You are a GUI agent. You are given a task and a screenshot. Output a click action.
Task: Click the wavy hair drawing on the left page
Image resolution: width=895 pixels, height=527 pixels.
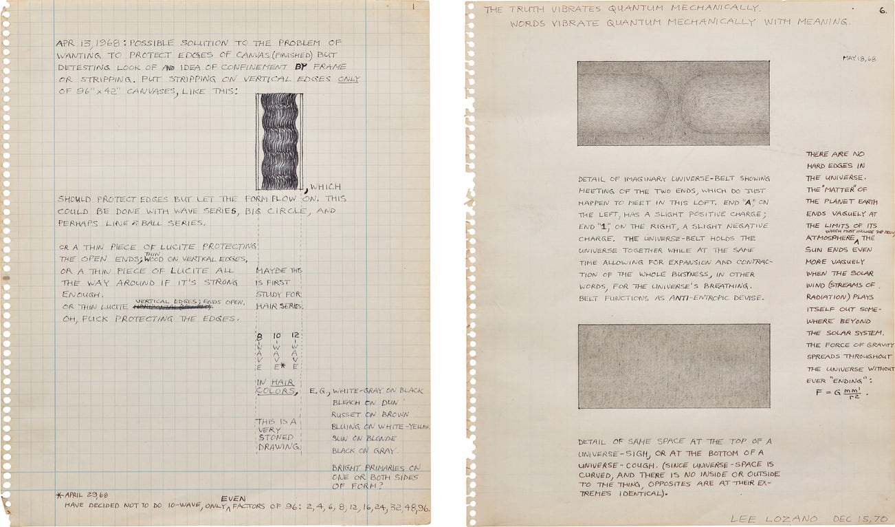[278, 141]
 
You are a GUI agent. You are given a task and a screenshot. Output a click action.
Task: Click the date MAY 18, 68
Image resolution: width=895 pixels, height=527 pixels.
[859, 58]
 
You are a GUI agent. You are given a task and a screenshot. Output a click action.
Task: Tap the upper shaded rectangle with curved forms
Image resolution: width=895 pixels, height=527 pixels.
[673, 103]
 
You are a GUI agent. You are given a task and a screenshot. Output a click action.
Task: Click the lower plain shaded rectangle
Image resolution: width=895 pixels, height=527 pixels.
[673, 366]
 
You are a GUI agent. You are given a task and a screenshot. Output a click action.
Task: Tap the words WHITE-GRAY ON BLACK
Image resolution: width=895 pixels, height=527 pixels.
[377, 391]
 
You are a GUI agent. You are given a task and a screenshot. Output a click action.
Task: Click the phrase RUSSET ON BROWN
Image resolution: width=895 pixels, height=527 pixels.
[370, 415]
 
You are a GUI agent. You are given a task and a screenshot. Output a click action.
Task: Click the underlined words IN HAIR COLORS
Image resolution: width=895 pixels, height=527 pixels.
[276, 387]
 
